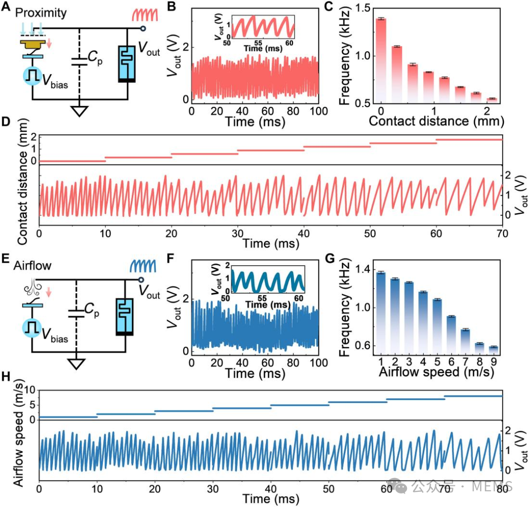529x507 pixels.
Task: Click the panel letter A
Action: [x=6, y=6]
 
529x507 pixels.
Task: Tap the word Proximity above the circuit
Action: [x=41, y=13]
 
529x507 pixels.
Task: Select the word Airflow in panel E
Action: [x=32, y=265]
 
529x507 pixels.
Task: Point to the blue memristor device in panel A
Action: [x=127, y=64]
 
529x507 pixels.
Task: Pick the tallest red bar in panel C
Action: [x=381, y=61]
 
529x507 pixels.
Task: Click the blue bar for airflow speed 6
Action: [x=452, y=335]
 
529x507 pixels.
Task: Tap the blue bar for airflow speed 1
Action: [x=381, y=313]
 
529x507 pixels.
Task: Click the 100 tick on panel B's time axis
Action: [x=319, y=111]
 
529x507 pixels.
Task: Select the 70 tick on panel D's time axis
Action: [x=503, y=233]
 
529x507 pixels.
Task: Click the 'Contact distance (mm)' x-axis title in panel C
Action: [x=436, y=121]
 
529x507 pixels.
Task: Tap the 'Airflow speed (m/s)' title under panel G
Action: [x=436, y=372]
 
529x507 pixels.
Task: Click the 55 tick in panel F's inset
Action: [x=262, y=298]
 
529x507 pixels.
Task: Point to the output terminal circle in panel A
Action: [x=143, y=29]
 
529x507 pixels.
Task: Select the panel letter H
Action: [x=6, y=377]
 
